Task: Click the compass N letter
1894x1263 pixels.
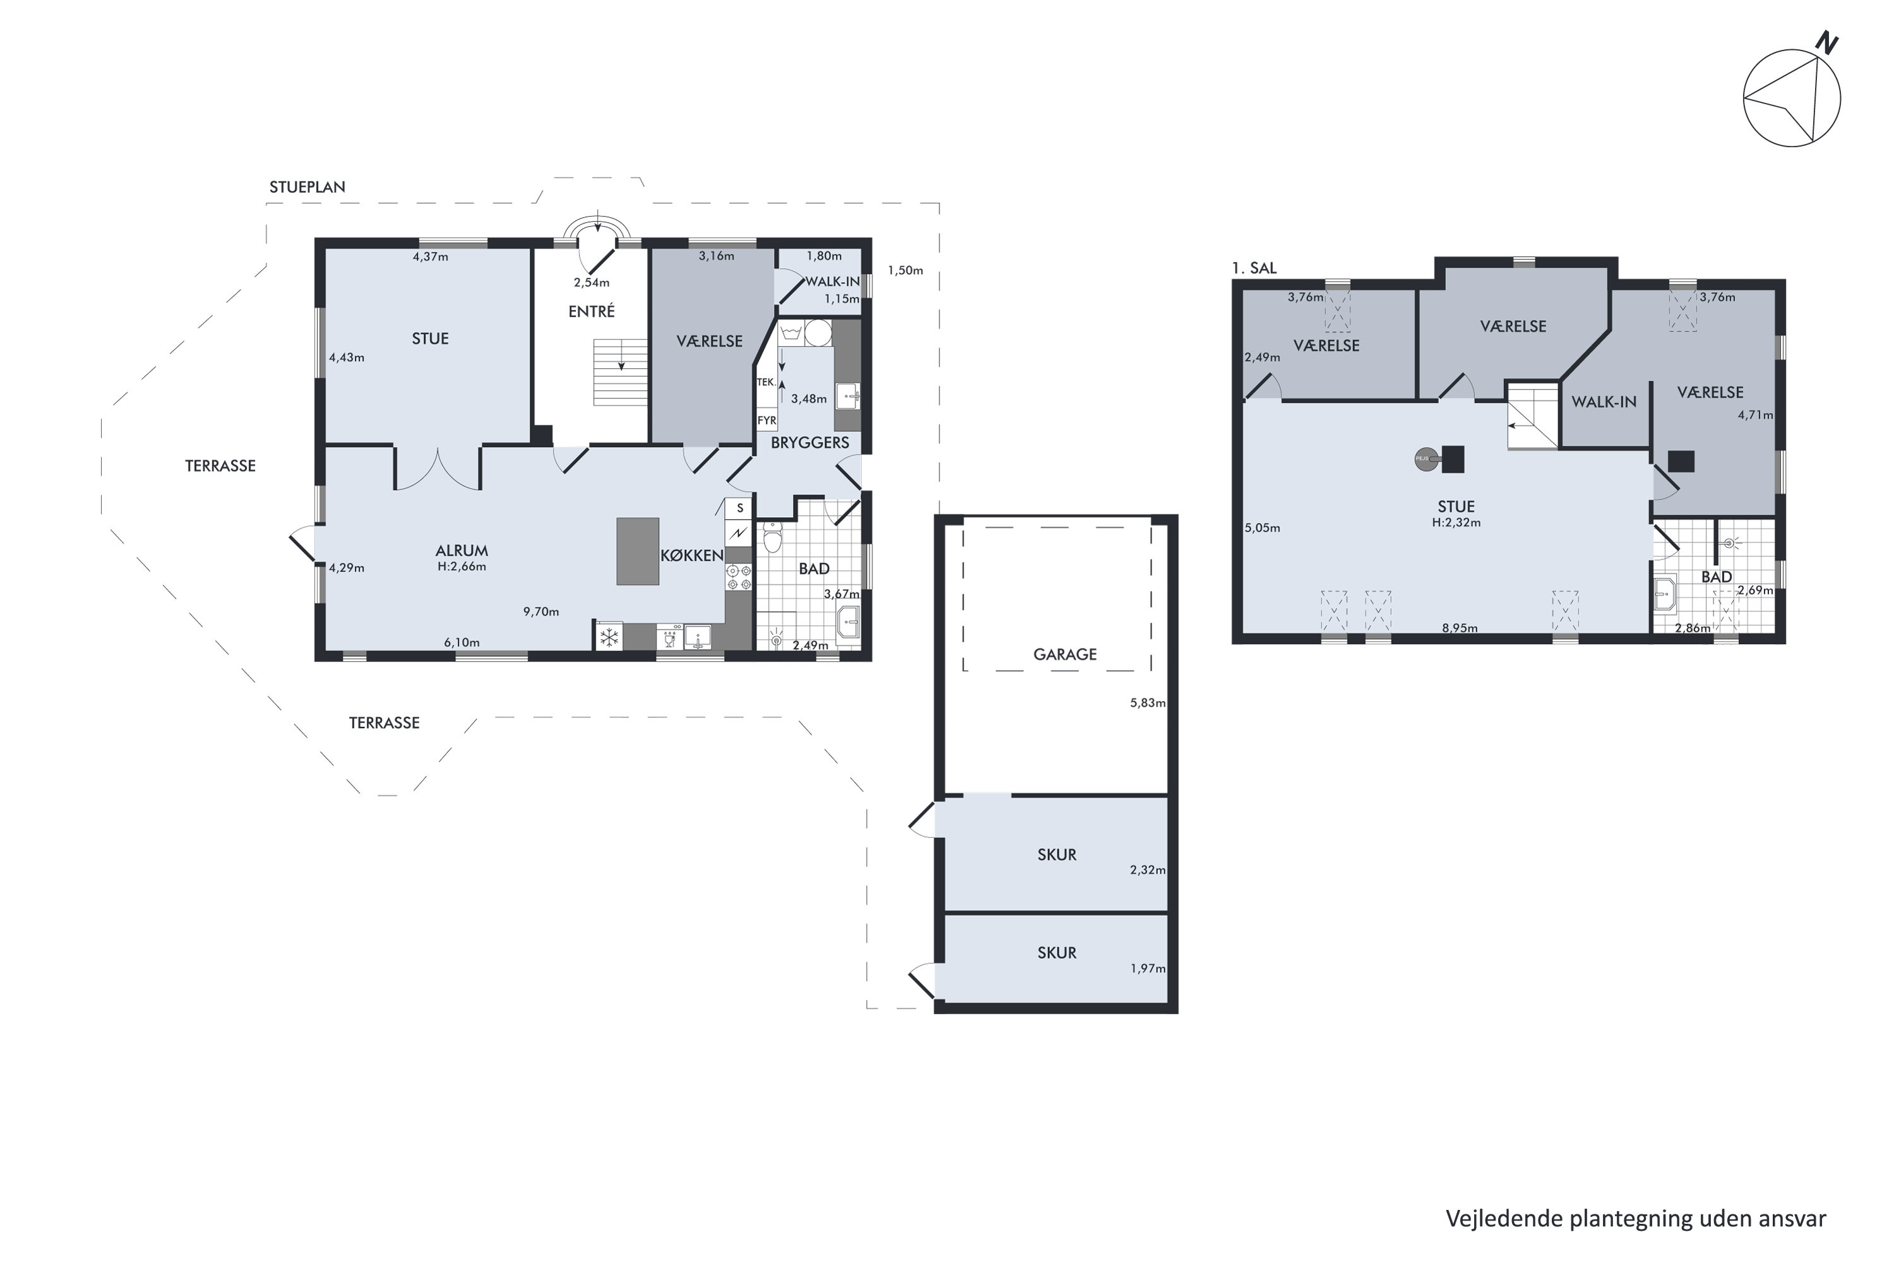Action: coord(1827,43)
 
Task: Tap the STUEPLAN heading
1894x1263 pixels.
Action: coord(307,187)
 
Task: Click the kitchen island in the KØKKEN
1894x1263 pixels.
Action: coord(637,551)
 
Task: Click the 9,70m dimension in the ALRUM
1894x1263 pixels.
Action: coord(540,611)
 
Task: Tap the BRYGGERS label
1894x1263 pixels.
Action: coord(809,442)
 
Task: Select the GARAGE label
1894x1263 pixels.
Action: coord(1064,654)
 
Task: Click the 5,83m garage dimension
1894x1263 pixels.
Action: coord(1148,702)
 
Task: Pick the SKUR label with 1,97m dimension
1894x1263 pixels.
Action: coord(1056,953)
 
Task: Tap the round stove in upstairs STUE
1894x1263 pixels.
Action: coord(1426,459)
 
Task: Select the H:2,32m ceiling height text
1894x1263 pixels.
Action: coord(1456,522)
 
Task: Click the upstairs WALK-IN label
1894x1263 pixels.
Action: coord(1604,401)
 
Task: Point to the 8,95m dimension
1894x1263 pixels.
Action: coord(1459,628)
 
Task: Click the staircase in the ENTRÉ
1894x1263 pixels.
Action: coord(620,372)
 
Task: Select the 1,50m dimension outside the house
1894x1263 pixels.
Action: coord(905,271)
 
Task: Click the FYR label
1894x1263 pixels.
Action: coord(766,421)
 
